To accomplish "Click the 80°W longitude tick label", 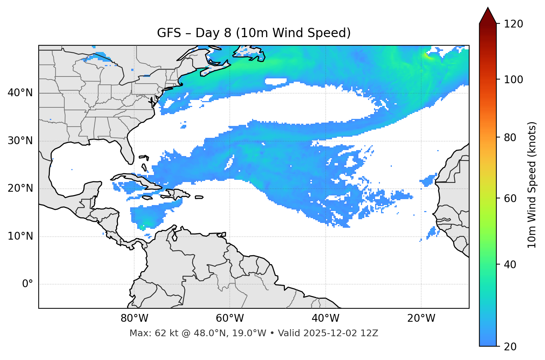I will coord(134,318).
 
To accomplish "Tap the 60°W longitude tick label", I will coord(230,318).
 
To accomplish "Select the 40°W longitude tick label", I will coord(325,318).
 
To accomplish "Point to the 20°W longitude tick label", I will coord(421,318).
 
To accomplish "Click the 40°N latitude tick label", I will coord(20,93).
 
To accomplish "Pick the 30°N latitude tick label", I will coord(20,141).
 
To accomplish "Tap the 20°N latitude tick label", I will coord(20,188).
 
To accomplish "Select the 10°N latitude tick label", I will coord(20,236).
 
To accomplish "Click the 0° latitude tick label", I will coord(27,284).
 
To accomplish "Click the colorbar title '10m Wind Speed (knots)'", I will coord(532,185).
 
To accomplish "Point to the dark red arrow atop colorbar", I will coord(488,17).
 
